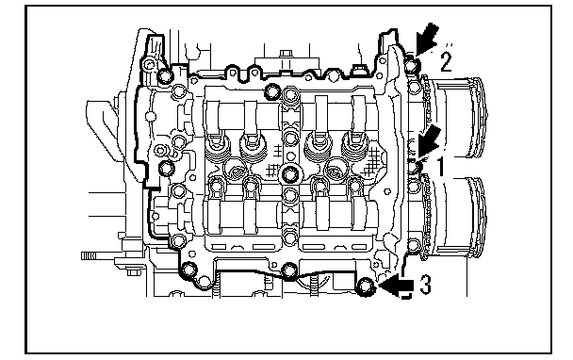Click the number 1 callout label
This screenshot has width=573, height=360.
point(441,167)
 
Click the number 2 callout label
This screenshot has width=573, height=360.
point(446,62)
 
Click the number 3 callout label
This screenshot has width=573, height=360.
point(425,285)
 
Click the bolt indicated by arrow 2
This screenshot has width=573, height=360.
point(412,66)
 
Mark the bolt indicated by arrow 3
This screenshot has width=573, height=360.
point(366,286)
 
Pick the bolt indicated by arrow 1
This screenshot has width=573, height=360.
point(414,167)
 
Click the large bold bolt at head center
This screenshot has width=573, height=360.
point(290,174)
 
